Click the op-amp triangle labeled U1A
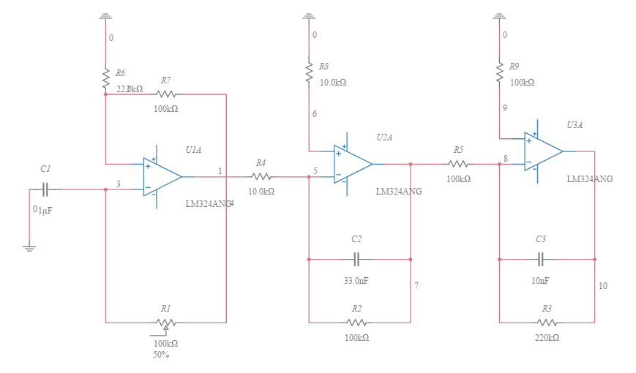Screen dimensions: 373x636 pyautogui.click(x=162, y=176)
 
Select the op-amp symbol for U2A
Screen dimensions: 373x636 pyautogui.click(x=353, y=164)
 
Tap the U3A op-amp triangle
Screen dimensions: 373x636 pyautogui.click(x=543, y=151)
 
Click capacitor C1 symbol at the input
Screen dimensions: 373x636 pyautogui.click(x=45, y=189)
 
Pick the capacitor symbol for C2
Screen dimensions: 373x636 pyautogui.click(x=356, y=259)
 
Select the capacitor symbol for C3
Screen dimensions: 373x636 pyautogui.click(x=541, y=259)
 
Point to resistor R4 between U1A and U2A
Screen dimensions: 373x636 pyautogui.click(x=261, y=176)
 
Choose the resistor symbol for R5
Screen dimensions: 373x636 pyautogui.click(x=458, y=164)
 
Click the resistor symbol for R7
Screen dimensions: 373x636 pyautogui.click(x=166, y=94)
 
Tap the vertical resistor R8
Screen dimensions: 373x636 pyautogui.click(x=309, y=71)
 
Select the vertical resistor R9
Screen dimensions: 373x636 pyautogui.click(x=499, y=71)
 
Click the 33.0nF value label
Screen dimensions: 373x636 pyautogui.click(x=356, y=280)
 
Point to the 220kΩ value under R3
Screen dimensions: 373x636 pyautogui.click(x=547, y=338)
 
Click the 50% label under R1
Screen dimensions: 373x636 pyautogui.click(x=161, y=355)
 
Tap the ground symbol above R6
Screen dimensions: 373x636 pyautogui.click(x=105, y=15)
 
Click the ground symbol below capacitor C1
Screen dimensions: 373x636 pyautogui.click(x=29, y=247)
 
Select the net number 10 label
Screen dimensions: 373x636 pyautogui.click(x=602, y=286)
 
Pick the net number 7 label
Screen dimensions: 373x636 pyautogui.click(x=416, y=286)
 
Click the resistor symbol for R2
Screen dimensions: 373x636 pyautogui.click(x=356, y=322)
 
